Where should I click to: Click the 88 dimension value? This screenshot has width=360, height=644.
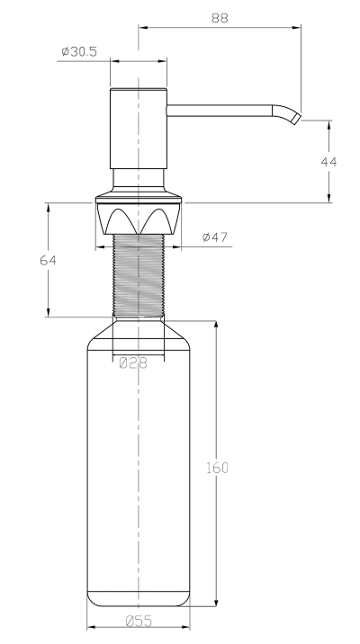pyautogui.click(x=220, y=18)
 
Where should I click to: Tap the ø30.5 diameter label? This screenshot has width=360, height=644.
pyautogui.click(x=79, y=51)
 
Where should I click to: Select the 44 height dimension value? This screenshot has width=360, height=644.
pyautogui.click(x=328, y=161)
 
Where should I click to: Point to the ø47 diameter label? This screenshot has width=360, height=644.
pyautogui.click(x=215, y=237)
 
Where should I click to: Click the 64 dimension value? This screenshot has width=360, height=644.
pyautogui.click(x=48, y=260)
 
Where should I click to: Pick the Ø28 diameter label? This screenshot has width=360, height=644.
pyautogui.click(x=132, y=363)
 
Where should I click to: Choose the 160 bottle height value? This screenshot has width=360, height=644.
pyautogui.click(x=217, y=468)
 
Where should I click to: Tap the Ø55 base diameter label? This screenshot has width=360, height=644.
pyautogui.click(x=139, y=621)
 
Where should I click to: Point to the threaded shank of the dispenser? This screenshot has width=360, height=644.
pyautogui.click(x=139, y=275)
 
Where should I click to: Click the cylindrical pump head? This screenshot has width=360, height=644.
pyautogui.click(x=139, y=128)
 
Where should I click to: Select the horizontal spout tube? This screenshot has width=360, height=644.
pyautogui.click(x=220, y=111)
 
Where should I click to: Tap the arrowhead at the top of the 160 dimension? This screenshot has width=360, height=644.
pyautogui.click(x=216, y=326)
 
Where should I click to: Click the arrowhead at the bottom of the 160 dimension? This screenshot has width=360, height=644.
pyautogui.click(x=216, y=602)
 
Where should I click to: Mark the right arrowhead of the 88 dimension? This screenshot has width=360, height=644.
pyautogui.click(x=296, y=28)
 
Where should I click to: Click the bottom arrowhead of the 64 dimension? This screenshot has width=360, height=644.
pyautogui.click(x=48, y=312)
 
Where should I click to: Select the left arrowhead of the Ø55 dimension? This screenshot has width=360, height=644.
pyautogui.click(x=92, y=627)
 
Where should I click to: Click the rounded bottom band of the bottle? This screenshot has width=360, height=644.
pyautogui.click(x=139, y=598)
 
